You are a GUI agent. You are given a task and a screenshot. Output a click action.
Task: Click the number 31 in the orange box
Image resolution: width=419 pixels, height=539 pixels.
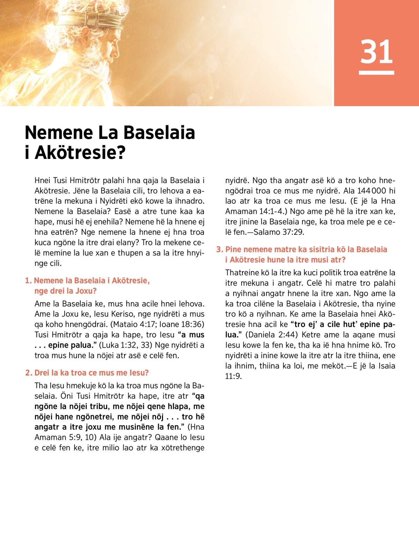[376, 52]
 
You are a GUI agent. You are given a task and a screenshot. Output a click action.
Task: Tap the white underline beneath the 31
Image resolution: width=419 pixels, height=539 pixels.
[376, 73]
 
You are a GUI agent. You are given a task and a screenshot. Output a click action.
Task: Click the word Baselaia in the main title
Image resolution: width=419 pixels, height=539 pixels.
[159, 133]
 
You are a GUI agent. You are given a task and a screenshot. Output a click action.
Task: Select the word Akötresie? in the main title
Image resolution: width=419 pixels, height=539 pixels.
[80, 153]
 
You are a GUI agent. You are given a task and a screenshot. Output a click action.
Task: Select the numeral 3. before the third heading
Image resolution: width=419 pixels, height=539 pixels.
[219, 249]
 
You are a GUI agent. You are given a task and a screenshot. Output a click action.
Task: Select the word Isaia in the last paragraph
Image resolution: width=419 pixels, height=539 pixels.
[385, 366]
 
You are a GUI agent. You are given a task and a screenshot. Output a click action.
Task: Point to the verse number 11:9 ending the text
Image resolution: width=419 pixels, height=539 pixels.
[233, 377]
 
